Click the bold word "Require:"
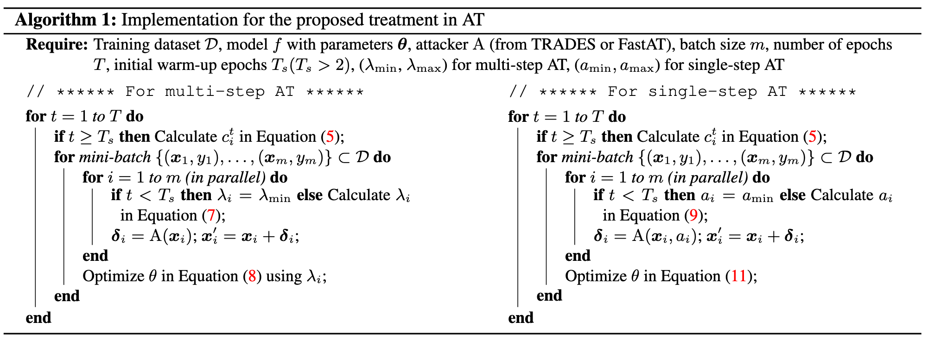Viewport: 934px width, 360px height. point(57,45)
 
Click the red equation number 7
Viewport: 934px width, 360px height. point(211,216)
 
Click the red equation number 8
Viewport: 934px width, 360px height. point(252,277)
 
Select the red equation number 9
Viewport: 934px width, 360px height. point(693,216)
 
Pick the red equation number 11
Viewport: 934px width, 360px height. point(739,277)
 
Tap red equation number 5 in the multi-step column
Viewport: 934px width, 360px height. point(330,137)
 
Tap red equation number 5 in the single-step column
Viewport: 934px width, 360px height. point(813,137)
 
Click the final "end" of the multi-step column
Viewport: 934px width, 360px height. point(38,318)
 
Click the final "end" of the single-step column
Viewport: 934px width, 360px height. point(521,318)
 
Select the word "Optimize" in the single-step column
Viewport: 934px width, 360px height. point(596,277)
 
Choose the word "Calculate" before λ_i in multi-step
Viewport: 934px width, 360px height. point(359,196)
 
